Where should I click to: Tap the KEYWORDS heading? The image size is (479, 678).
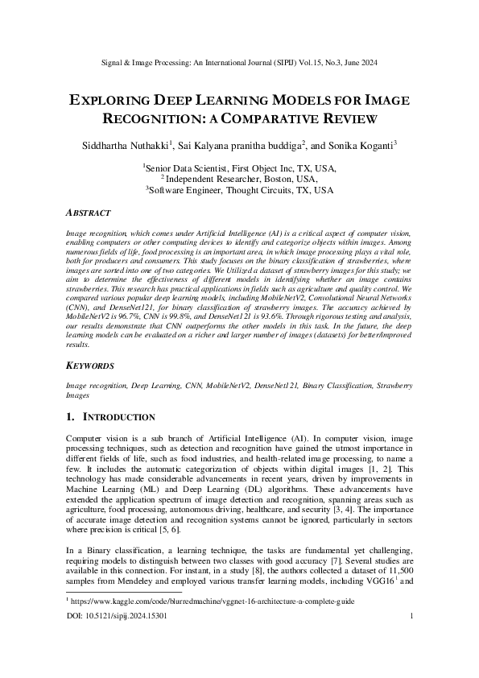[89, 366]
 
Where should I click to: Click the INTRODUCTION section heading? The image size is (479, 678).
[120, 417]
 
